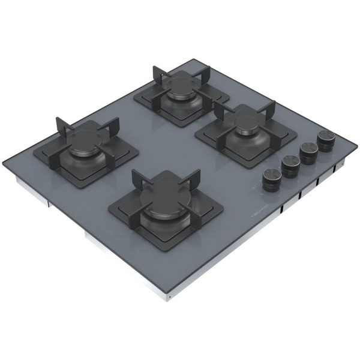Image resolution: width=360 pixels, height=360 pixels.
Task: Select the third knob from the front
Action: pyautogui.click(x=309, y=150)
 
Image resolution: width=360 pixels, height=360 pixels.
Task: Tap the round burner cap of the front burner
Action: pyautogui.click(x=166, y=209)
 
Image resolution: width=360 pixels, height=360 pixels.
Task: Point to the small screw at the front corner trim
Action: pyautogui.click(x=170, y=298)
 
